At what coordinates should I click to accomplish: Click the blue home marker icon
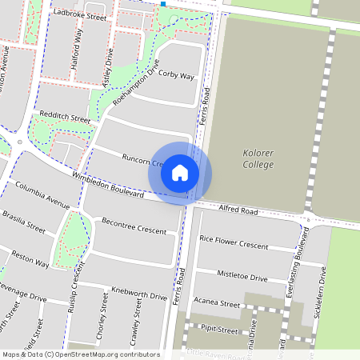point(180,173)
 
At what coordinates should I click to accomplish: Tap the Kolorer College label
point(258,158)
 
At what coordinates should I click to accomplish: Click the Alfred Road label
point(238,211)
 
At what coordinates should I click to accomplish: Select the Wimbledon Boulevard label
point(107,185)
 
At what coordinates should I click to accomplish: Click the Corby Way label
point(177,76)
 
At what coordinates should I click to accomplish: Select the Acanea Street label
point(218,305)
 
